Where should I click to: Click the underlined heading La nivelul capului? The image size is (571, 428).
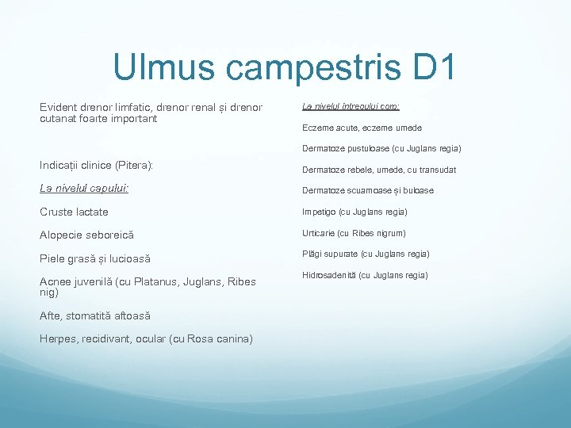click(85, 189)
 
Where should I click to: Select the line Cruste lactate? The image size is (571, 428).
click(74, 212)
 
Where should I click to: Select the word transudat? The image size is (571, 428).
click(434, 170)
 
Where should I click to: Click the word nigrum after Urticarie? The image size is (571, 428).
click(389, 233)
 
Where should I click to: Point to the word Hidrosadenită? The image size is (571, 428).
click(328, 275)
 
